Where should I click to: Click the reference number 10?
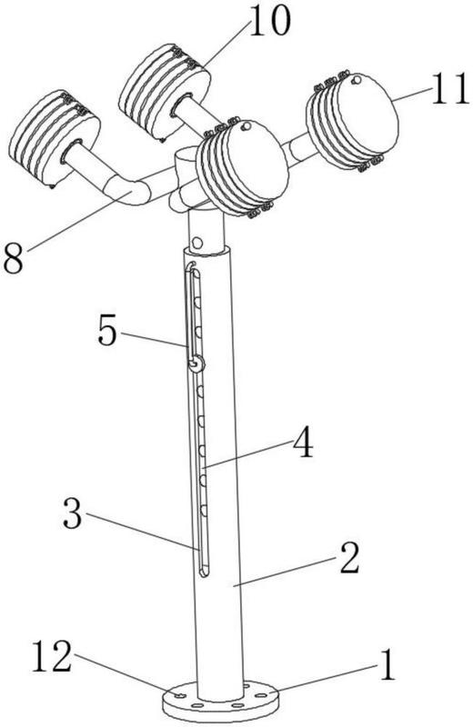click(x=269, y=21)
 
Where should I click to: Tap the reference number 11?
click(x=449, y=89)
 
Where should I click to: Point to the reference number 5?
click(x=106, y=331)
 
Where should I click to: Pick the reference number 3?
click(x=73, y=513)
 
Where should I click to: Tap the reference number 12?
click(x=52, y=656)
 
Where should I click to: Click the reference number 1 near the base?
click(x=387, y=665)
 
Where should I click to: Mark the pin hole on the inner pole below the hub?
click(x=196, y=243)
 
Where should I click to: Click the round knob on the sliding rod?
click(x=197, y=364)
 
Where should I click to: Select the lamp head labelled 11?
click(x=352, y=121)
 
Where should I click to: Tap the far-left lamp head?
click(x=55, y=137)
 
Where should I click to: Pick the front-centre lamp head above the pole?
click(x=242, y=167)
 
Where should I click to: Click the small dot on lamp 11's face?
click(x=357, y=80)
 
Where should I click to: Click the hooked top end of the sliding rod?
click(x=191, y=265)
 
